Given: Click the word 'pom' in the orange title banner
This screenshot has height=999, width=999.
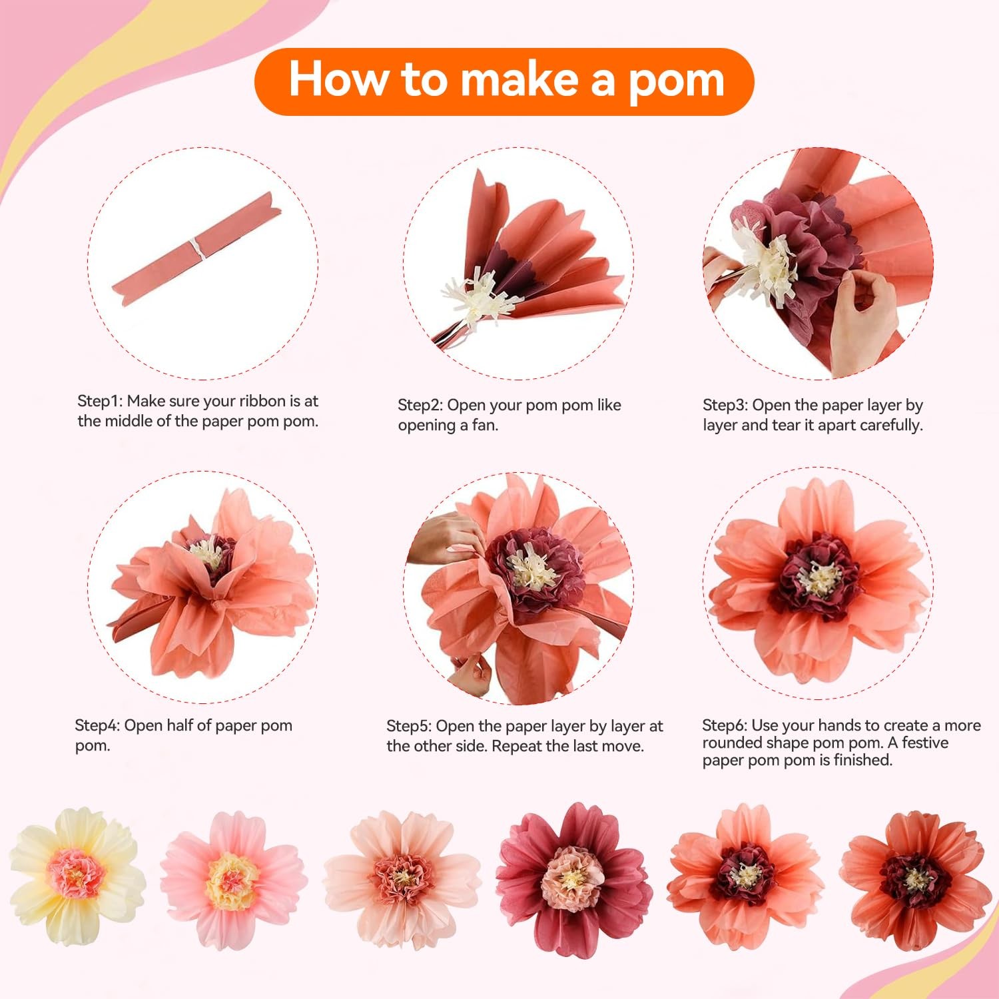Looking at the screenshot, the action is [x=676, y=81].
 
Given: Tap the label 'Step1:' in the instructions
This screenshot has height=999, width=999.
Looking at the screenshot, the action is [x=100, y=401].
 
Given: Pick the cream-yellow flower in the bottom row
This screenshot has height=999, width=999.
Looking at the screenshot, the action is [x=77, y=876].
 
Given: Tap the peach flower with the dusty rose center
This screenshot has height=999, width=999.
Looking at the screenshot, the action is [x=402, y=879].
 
